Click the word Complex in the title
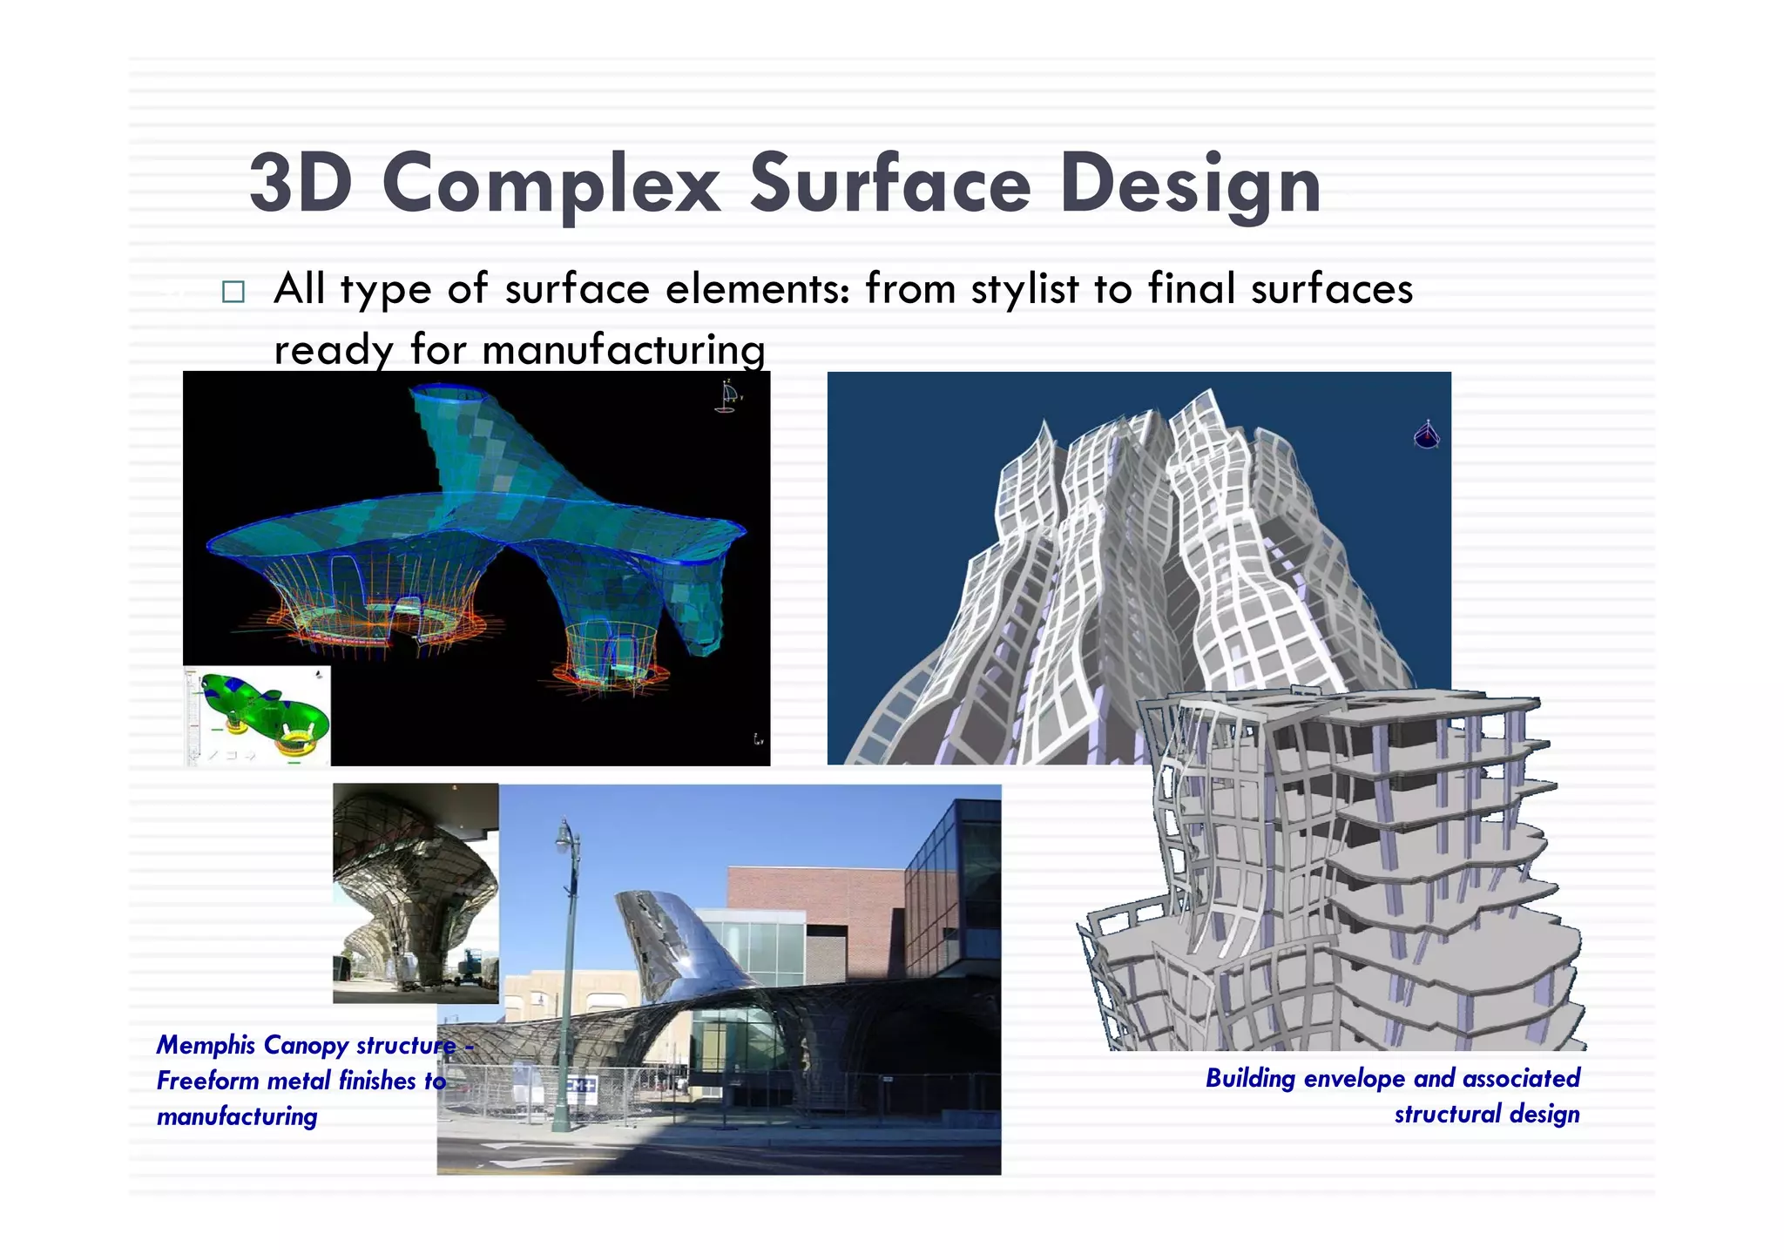coord(551,184)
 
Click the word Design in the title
coord(1190,184)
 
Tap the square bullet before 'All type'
coord(233,292)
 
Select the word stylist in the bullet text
coord(1024,289)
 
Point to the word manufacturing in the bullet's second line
coord(623,350)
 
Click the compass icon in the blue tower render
coord(1426,434)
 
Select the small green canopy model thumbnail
coord(258,716)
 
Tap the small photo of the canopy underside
coord(416,893)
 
